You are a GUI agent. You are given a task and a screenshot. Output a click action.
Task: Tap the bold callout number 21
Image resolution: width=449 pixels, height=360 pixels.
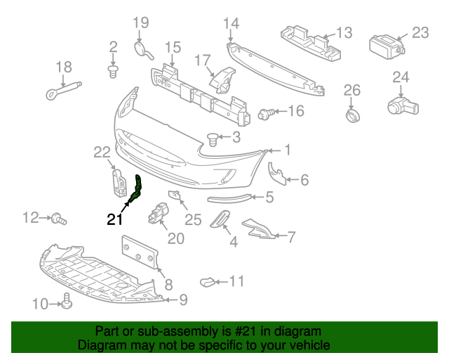point(115,219)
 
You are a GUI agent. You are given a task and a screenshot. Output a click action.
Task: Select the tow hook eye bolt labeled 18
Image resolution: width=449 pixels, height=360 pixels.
point(64,91)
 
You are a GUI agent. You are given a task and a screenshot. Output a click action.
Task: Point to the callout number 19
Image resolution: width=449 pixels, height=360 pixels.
point(141,22)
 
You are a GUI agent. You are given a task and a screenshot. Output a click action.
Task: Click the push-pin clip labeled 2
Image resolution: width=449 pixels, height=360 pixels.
point(114,72)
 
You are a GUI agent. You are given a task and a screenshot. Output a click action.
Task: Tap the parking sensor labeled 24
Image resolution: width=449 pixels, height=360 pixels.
point(403,106)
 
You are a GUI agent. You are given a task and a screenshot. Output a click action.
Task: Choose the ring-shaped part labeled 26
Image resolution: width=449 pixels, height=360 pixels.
point(352,115)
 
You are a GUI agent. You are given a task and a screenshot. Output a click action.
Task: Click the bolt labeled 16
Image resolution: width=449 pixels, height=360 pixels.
point(267,114)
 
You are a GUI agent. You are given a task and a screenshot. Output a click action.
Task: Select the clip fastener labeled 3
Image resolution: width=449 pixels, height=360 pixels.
point(213,139)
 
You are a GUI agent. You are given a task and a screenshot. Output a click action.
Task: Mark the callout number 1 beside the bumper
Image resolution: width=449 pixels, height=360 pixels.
point(288,150)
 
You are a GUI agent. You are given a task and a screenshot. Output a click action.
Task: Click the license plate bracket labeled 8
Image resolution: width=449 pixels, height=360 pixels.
point(140,252)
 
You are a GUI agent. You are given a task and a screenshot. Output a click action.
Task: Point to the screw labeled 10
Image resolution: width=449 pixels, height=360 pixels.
point(67,301)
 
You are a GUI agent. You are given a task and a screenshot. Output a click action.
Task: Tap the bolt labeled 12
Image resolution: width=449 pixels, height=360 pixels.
point(59,219)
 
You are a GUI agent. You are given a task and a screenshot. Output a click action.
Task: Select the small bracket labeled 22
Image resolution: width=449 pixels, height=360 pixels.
point(119,183)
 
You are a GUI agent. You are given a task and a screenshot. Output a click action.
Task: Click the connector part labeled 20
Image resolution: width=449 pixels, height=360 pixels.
point(158,213)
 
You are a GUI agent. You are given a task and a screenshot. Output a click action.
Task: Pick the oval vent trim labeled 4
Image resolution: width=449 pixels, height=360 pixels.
point(220,219)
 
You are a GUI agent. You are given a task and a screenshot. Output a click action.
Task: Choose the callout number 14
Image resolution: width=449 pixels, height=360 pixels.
point(231,23)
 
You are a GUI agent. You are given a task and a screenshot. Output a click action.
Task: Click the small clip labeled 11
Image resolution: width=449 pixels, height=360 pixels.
point(208,282)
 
